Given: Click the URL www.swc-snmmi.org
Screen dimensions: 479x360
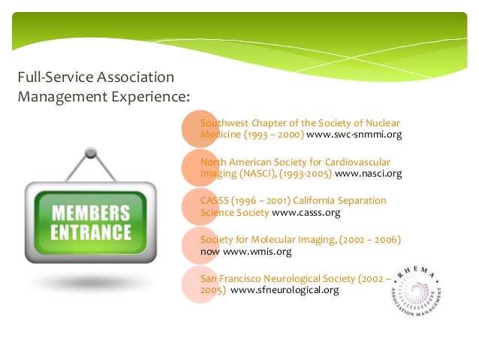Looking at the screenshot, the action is [x=355, y=135].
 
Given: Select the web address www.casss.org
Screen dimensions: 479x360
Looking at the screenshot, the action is [x=306, y=213].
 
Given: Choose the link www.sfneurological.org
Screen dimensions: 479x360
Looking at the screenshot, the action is [x=285, y=290].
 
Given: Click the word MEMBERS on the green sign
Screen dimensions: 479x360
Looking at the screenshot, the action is [x=90, y=211].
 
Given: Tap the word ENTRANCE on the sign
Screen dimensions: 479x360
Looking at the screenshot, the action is [x=90, y=231].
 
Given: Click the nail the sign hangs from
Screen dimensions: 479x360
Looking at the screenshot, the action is [x=91, y=153].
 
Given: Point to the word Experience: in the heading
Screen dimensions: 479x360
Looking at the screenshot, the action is [x=150, y=95].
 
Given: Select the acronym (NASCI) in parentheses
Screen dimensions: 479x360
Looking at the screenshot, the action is [x=261, y=174].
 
